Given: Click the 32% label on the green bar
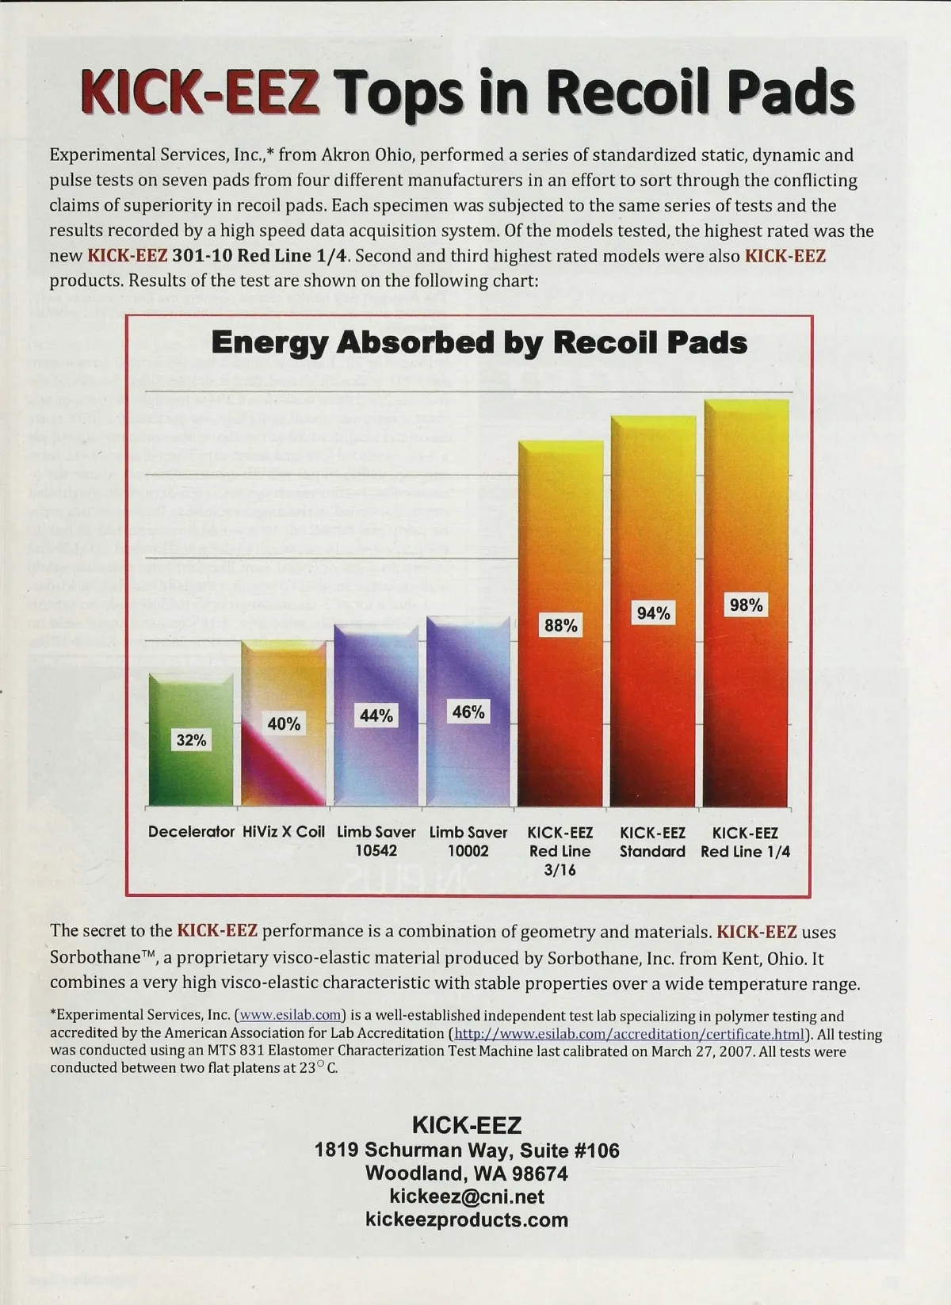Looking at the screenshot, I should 191,740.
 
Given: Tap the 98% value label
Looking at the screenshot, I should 746,605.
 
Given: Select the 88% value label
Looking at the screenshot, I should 560,625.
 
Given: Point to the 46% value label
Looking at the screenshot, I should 468,712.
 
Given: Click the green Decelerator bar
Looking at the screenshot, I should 191,777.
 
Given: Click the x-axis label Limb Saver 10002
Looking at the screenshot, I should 468,841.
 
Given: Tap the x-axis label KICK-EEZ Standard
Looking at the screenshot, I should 652,841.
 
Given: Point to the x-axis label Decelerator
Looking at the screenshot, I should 191,832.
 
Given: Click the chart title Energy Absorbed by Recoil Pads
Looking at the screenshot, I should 479,342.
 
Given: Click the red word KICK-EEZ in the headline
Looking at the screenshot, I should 200,92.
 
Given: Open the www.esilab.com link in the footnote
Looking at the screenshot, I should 291,1016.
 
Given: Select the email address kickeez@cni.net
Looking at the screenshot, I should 467,1196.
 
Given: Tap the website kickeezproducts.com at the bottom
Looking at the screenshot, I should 467,1219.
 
